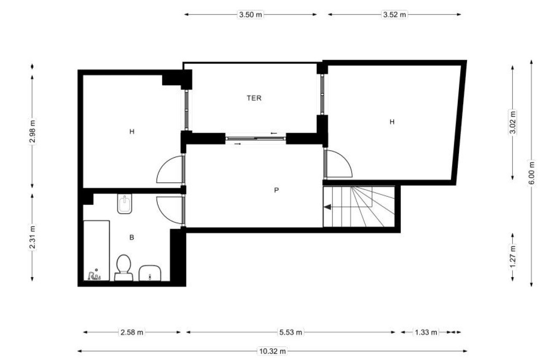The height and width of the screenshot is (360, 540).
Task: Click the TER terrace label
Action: [254, 98]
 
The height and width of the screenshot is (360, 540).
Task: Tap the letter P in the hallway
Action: [276, 190]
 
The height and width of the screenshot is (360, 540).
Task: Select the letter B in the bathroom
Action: [132, 238]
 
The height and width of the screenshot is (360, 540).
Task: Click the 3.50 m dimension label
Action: [251, 15]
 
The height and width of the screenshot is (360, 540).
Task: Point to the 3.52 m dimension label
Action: [394, 15]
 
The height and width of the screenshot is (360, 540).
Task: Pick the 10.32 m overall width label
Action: [273, 351]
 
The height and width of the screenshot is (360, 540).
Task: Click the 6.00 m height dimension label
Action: [532, 173]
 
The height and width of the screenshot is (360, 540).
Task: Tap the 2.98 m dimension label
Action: [32, 131]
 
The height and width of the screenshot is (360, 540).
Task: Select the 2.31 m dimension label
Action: [32, 237]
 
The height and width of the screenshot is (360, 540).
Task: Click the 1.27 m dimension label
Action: [513, 256]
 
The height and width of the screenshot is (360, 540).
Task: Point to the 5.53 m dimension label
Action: [291, 332]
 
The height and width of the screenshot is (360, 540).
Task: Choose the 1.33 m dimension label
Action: [426, 332]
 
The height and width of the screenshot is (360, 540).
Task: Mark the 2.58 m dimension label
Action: [132, 332]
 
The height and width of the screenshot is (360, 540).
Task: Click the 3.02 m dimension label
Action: [513, 122]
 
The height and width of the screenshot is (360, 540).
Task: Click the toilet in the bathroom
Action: [124, 268]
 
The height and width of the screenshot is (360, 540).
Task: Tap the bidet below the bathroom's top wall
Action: [124, 203]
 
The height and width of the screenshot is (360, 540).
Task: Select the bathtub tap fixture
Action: [94, 275]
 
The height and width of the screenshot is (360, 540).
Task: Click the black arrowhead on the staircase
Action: [327, 207]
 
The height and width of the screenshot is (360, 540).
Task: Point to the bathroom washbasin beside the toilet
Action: [150, 273]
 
